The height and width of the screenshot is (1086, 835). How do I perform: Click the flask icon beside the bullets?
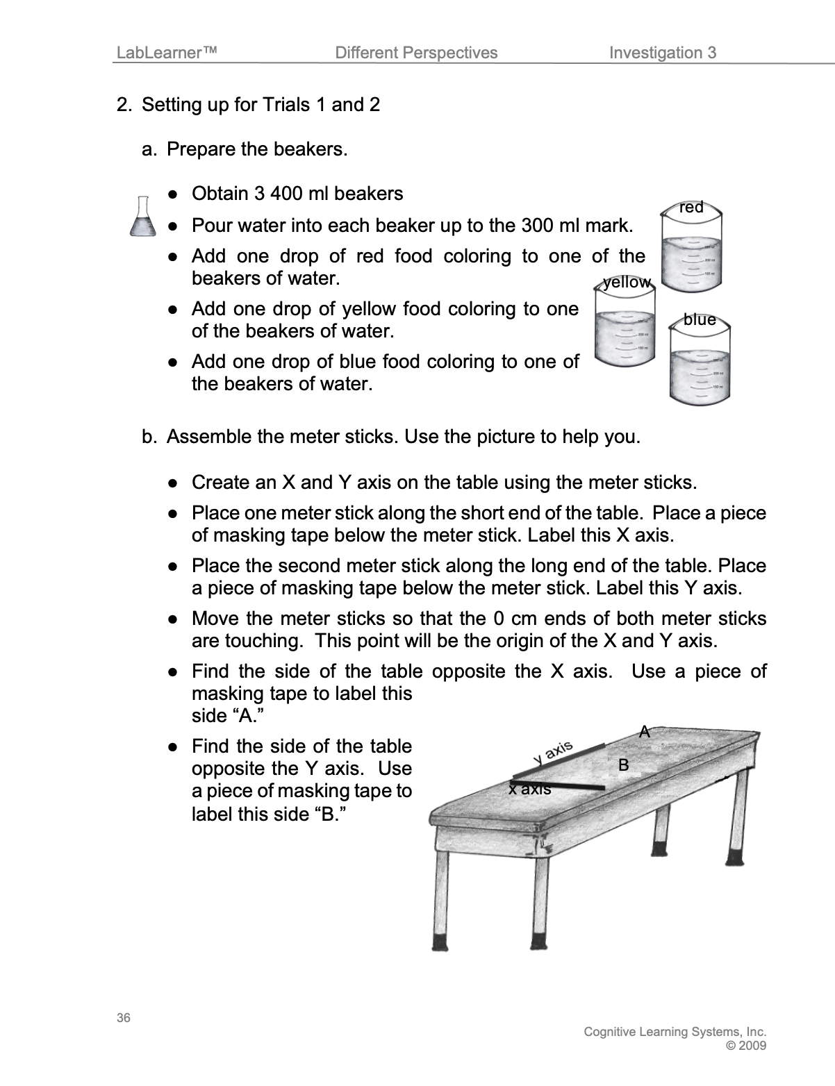pyautogui.click(x=142, y=215)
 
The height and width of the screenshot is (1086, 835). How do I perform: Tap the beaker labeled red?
pyautogui.click(x=691, y=253)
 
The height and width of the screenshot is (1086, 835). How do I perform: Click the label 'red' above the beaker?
pyautogui.click(x=691, y=207)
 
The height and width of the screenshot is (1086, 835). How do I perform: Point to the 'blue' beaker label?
pyautogui.click(x=699, y=319)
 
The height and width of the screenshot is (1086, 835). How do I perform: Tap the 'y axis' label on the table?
pyautogui.click(x=553, y=751)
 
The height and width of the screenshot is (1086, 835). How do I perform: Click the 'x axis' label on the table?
pyautogui.click(x=529, y=790)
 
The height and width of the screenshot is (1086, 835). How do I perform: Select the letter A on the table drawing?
pyautogui.click(x=645, y=731)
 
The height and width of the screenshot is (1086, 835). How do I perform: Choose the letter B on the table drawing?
pyautogui.click(x=623, y=765)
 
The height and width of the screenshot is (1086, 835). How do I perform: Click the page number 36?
pyautogui.click(x=123, y=1019)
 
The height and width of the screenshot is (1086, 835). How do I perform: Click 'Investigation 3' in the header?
pyautogui.click(x=662, y=53)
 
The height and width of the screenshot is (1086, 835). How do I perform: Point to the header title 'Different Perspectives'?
pyautogui.click(x=415, y=53)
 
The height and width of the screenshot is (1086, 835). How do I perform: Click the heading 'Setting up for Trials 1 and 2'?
pyautogui.click(x=261, y=105)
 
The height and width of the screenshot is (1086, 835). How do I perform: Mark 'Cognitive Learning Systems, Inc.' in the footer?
pyautogui.click(x=675, y=1032)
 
